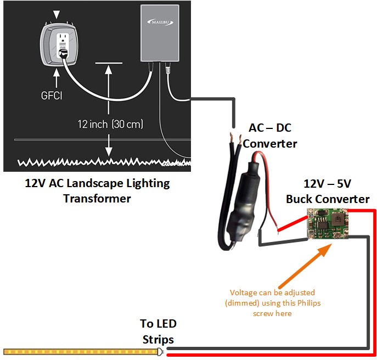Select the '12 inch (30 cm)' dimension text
[110, 125]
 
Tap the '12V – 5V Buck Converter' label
[328, 191]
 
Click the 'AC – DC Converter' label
[270, 136]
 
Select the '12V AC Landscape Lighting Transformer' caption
[97, 190]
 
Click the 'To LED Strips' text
[158, 331]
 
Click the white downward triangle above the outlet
[58, 12]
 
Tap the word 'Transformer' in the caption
[97, 198]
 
